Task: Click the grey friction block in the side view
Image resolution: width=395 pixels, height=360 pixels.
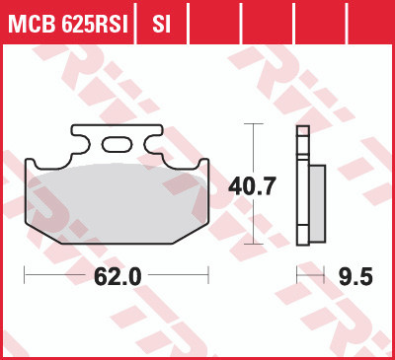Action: (x=316, y=202)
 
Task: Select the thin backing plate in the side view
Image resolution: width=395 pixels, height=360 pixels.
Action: (x=301, y=187)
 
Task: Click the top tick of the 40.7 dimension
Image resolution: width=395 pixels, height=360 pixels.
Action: (x=255, y=124)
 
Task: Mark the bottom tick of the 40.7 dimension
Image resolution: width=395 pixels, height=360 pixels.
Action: (x=255, y=244)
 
